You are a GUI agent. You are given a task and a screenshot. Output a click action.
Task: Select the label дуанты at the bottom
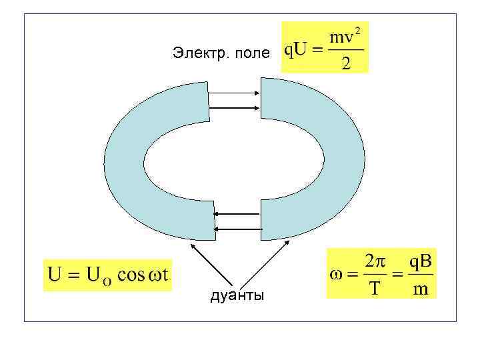(x=237, y=295)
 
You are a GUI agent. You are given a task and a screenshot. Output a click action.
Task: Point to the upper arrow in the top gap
(x=234, y=93)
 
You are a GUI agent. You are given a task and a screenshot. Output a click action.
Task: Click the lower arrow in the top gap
(x=234, y=106)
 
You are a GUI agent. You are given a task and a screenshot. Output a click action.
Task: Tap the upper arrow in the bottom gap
(x=237, y=214)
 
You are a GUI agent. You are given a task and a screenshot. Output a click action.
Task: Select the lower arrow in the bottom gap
(x=237, y=229)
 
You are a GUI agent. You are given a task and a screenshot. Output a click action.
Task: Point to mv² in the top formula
(x=347, y=37)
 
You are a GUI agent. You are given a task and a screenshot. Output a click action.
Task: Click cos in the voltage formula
(x=132, y=275)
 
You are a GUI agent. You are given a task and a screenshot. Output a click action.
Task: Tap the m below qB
(x=421, y=289)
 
